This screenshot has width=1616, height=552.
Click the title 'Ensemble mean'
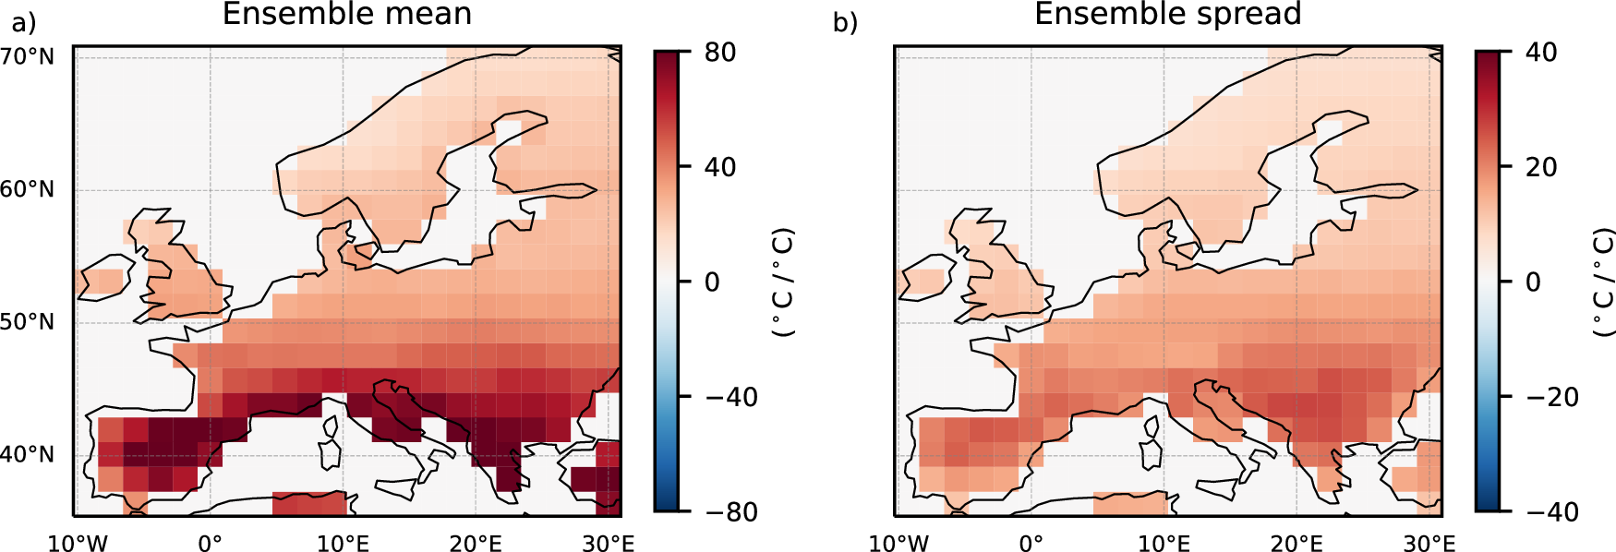click(x=347, y=15)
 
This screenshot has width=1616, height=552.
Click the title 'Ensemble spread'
click(x=1167, y=15)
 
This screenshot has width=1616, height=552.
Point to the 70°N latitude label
click(x=28, y=57)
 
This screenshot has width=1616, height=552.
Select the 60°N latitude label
click(x=28, y=190)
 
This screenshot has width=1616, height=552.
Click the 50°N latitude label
click(x=28, y=322)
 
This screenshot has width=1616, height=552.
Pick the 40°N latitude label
click(x=28, y=455)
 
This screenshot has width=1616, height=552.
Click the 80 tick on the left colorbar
click(x=720, y=53)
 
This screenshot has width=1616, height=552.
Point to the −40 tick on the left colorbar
click(x=731, y=397)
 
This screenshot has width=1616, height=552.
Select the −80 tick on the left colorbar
click(x=731, y=511)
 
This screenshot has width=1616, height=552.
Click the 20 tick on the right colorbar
click(x=1541, y=167)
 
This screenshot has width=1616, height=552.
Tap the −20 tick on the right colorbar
click(x=1552, y=397)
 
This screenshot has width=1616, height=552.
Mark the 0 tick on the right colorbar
click(x=1533, y=282)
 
